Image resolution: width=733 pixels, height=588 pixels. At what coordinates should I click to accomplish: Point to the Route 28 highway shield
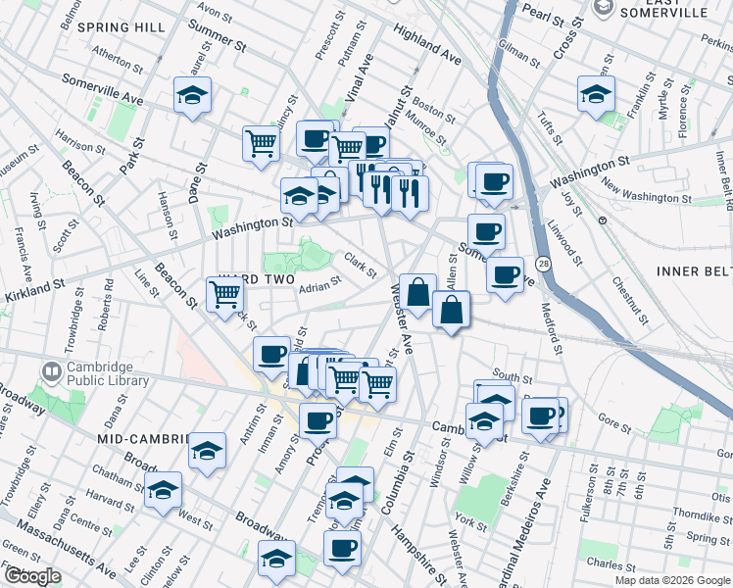tap(542, 263)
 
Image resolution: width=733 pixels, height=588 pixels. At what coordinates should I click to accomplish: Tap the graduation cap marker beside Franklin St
tap(595, 95)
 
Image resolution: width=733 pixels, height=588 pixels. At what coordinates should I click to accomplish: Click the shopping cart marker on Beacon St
tap(225, 294)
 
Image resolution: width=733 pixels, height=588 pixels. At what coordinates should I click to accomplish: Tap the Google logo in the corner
tap(31, 576)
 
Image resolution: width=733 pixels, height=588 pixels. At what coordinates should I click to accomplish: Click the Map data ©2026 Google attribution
tap(672, 580)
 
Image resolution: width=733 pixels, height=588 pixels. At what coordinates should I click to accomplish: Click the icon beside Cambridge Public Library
tap(51, 373)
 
